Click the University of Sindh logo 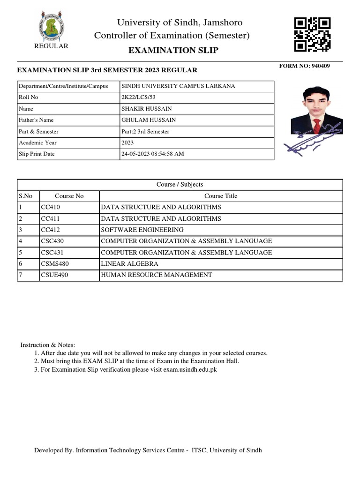click(x=52, y=27)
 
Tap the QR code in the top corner click(x=312, y=34)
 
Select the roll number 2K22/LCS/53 click(x=138, y=97)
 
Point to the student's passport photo click(x=314, y=111)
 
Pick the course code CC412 click(x=51, y=230)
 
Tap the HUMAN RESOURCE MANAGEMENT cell click(x=156, y=275)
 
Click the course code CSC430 click(x=53, y=241)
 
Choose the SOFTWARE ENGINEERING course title click(x=142, y=230)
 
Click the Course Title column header click(x=221, y=196)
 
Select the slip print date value click(x=153, y=154)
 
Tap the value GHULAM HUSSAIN click(x=149, y=120)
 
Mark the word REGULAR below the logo click(x=52, y=46)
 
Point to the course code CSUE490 click(x=54, y=275)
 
